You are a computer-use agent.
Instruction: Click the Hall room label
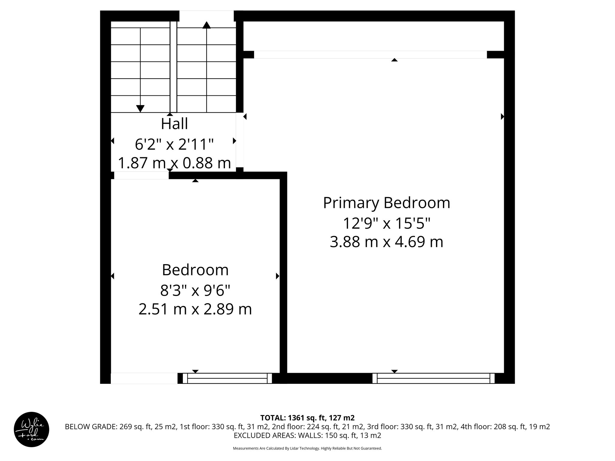click(x=174, y=124)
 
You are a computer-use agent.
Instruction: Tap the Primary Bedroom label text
click(x=386, y=203)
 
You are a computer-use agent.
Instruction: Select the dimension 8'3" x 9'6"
click(x=195, y=290)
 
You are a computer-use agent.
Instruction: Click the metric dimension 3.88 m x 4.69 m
click(x=386, y=242)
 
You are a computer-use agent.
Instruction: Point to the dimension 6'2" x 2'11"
click(x=174, y=144)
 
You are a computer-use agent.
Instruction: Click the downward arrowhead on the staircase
click(x=140, y=109)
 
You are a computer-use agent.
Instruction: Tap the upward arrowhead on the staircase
click(x=206, y=25)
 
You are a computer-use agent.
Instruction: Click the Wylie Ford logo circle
click(x=32, y=429)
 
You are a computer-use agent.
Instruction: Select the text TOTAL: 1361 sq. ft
click(x=307, y=418)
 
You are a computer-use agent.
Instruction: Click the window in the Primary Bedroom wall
click(x=433, y=378)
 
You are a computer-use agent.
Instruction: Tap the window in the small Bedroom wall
click(x=227, y=378)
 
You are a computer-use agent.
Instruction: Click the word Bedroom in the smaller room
click(x=195, y=270)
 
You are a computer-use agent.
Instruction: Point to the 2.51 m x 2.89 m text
click(x=195, y=309)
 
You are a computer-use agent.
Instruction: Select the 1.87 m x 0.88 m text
click(x=174, y=163)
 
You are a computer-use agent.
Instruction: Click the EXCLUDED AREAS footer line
click(x=307, y=435)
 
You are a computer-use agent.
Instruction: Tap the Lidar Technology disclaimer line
click(x=307, y=448)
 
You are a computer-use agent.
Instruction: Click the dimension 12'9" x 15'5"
click(x=386, y=223)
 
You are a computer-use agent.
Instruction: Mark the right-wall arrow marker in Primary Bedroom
click(x=502, y=116)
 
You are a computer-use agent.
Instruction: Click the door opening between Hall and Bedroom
click(x=141, y=175)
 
